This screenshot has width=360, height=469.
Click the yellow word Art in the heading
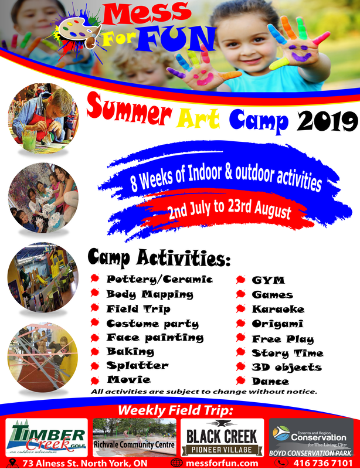(x=198, y=119)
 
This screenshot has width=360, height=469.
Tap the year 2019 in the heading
(x=327, y=121)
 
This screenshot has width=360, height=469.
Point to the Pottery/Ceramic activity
(x=159, y=280)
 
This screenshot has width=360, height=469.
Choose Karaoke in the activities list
(x=278, y=309)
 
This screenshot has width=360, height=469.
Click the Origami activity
(x=277, y=324)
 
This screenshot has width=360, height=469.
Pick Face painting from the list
(x=155, y=338)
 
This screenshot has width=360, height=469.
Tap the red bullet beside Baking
(x=95, y=352)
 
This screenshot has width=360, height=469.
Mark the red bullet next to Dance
(x=240, y=380)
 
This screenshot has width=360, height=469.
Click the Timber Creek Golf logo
(x=47, y=437)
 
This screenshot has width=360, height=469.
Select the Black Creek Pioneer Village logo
(x=222, y=437)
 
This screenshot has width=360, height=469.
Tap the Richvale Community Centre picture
(x=134, y=437)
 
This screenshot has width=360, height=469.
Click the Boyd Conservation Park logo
(x=311, y=437)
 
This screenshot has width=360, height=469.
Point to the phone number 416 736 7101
(x=323, y=463)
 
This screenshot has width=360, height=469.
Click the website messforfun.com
(x=222, y=463)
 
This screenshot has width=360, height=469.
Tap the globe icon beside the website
(x=176, y=463)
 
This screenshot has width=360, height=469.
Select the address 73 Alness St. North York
(x=85, y=463)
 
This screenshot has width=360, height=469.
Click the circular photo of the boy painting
(x=43, y=118)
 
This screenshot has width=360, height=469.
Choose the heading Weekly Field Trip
(x=175, y=410)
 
